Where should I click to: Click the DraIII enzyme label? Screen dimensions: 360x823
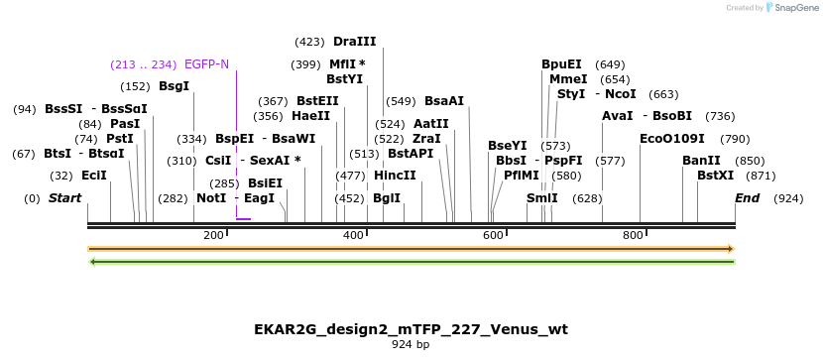pos(355,42)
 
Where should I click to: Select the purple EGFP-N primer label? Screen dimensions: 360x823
pos(206,64)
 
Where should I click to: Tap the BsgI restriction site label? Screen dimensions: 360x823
pos(174,86)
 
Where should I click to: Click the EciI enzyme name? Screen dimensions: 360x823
pos(94,176)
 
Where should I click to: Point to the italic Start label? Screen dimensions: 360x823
pos(64,198)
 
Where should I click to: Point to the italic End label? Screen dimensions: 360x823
pos(747,198)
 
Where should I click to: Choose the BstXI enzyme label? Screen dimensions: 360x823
pos(715,176)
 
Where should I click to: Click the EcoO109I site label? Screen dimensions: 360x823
pos(672,139)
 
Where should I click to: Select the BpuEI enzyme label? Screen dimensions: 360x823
pos(561,64)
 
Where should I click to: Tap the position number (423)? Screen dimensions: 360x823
pos(309,42)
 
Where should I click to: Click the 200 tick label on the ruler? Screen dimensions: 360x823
pos(213,235)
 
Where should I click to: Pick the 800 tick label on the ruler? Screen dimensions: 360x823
pos(634,235)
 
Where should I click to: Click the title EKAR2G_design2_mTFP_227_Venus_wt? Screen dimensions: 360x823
pos(411,328)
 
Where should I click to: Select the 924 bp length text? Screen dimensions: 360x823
pos(411,345)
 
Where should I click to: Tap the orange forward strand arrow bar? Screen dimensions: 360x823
pos(411,249)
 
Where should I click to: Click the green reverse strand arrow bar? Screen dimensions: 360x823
pos(411,262)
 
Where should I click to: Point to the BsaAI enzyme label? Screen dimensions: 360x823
pos(444,101)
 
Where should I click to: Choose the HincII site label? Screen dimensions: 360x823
pos(395,176)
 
